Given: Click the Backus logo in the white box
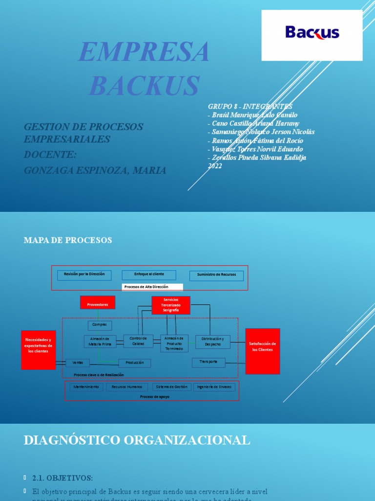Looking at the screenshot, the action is coord(312,33).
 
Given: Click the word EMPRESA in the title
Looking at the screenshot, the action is coord(145,52).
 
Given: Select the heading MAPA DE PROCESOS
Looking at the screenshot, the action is coord(68,240).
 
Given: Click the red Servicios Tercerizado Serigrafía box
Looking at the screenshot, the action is coord(171,305).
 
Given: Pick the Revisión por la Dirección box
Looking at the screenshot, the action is coord(84,274).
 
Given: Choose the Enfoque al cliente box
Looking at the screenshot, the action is coord(149,274).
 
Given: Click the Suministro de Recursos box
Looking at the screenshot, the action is coord(216,275).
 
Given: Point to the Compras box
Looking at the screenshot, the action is coord(100,325).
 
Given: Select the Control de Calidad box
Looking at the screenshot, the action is coord(138,341).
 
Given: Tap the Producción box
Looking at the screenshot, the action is coord(135,363).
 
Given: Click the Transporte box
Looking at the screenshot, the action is coord(208,363).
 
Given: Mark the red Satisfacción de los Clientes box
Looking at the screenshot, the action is coord(263,347).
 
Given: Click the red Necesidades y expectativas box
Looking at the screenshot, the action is coord(38,345).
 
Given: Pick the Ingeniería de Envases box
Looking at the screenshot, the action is coord(214,387).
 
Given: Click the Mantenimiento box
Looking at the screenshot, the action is coord(86,387).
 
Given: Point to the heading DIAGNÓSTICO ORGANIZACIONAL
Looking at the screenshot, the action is coord(137,440).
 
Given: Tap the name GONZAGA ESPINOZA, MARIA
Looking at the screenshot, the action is coord(95,170).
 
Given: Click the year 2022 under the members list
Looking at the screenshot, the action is coord(215,166).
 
